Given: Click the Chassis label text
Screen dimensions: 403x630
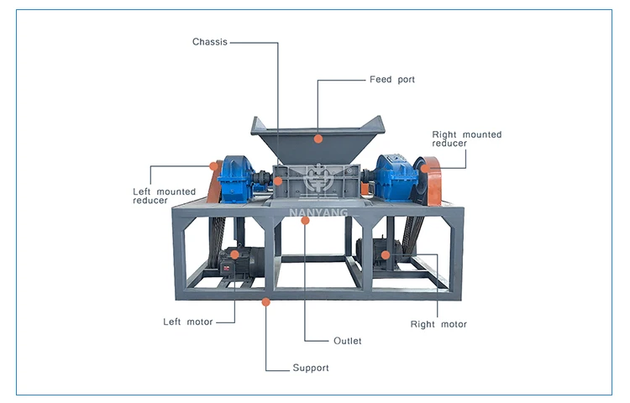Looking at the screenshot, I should pyautogui.click(x=209, y=41).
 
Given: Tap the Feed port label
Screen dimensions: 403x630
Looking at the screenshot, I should pyautogui.click(x=392, y=80).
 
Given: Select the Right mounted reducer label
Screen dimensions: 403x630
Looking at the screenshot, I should pyautogui.click(x=466, y=139).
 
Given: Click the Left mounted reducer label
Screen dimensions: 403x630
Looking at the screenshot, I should pyautogui.click(x=164, y=196).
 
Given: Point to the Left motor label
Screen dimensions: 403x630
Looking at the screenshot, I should pyautogui.click(x=187, y=322).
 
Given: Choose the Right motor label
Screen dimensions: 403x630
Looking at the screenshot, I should pyautogui.click(x=438, y=324).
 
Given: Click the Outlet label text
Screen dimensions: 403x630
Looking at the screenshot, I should pyautogui.click(x=347, y=341).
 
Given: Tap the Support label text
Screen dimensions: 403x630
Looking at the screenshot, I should pyautogui.click(x=311, y=368).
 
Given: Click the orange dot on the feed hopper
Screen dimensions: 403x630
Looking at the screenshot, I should pyautogui.click(x=318, y=137).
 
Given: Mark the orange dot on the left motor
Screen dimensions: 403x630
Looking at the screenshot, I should pyautogui.click(x=235, y=254).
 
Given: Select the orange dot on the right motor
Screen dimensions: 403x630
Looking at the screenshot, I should pyautogui.click(x=385, y=254).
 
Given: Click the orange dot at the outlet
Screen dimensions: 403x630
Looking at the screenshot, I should pyautogui.click(x=306, y=220).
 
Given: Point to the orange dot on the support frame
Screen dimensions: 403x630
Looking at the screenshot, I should pyautogui.click(x=266, y=301).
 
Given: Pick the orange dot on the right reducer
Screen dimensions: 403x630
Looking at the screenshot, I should pyautogui.click(x=425, y=168).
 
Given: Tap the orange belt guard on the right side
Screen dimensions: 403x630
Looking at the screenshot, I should pyautogui.click(x=434, y=181).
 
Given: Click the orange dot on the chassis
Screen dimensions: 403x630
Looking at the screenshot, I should pyautogui.click(x=278, y=180).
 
